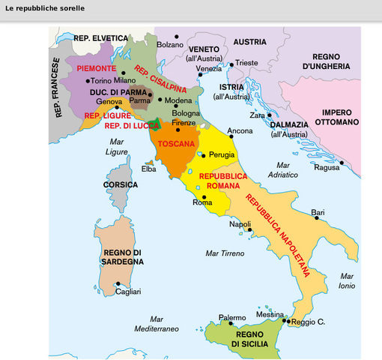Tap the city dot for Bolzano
177,36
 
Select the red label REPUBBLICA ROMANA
223,180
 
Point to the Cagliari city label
128,291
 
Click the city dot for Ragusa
341,163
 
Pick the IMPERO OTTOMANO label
338,117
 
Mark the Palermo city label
231,317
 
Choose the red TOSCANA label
177,143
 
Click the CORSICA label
120,184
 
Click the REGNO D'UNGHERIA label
327,61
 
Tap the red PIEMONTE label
95,67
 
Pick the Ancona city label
240,130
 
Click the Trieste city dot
231,64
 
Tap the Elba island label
149,169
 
